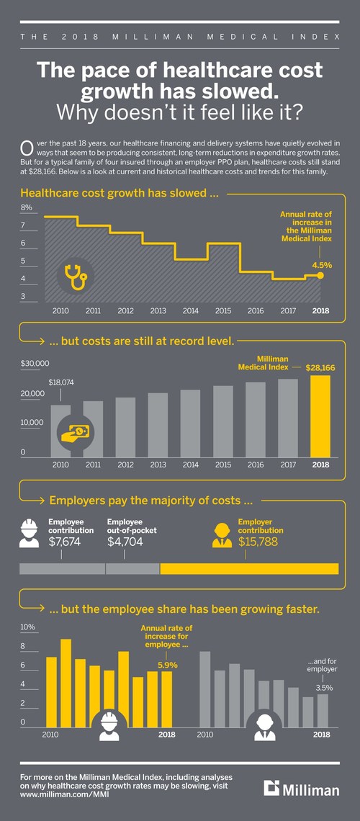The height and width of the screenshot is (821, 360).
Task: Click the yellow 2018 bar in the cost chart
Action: (x=320, y=416)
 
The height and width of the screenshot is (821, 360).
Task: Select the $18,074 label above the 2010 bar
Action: (x=61, y=382)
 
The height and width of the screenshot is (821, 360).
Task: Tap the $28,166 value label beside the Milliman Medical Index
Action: (x=320, y=367)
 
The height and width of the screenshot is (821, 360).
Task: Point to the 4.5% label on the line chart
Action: (x=322, y=265)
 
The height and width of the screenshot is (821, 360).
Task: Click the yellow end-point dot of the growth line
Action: (x=320, y=275)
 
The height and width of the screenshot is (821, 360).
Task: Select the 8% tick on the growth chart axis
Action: (x=27, y=208)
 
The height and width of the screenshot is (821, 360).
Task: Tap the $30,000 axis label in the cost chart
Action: (x=34, y=363)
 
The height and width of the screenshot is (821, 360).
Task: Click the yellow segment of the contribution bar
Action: (x=248, y=569)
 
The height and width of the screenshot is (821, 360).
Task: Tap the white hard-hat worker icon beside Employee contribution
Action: (x=30, y=532)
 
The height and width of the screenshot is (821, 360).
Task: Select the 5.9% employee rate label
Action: (x=167, y=645)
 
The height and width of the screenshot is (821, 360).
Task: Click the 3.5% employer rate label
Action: (x=324, y=688)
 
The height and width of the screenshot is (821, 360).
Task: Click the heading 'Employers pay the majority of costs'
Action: (x=150, y=500)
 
